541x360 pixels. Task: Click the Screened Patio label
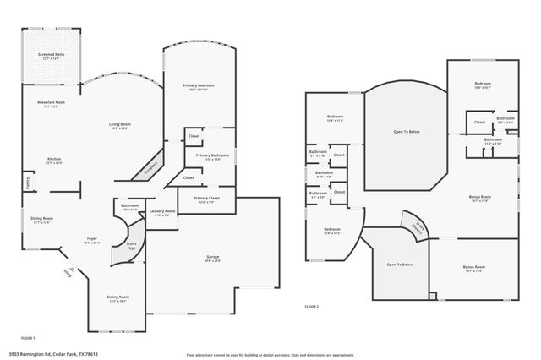(x=51, y=57)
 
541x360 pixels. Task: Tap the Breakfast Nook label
(x=51, y=104)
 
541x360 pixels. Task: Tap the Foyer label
(x=91, y=240)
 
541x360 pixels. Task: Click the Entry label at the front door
(x=68, y=271)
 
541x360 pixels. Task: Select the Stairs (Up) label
(x=131, y=246)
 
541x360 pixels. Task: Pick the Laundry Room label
(x=161, y=212)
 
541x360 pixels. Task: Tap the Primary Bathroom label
(x=213, y=156)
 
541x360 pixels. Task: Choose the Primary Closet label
(x=208, y=199)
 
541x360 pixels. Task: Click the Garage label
(x=212, y=258)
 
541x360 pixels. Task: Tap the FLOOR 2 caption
(x=312, y=306)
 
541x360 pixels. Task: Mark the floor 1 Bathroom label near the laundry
(x=129, y=206)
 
